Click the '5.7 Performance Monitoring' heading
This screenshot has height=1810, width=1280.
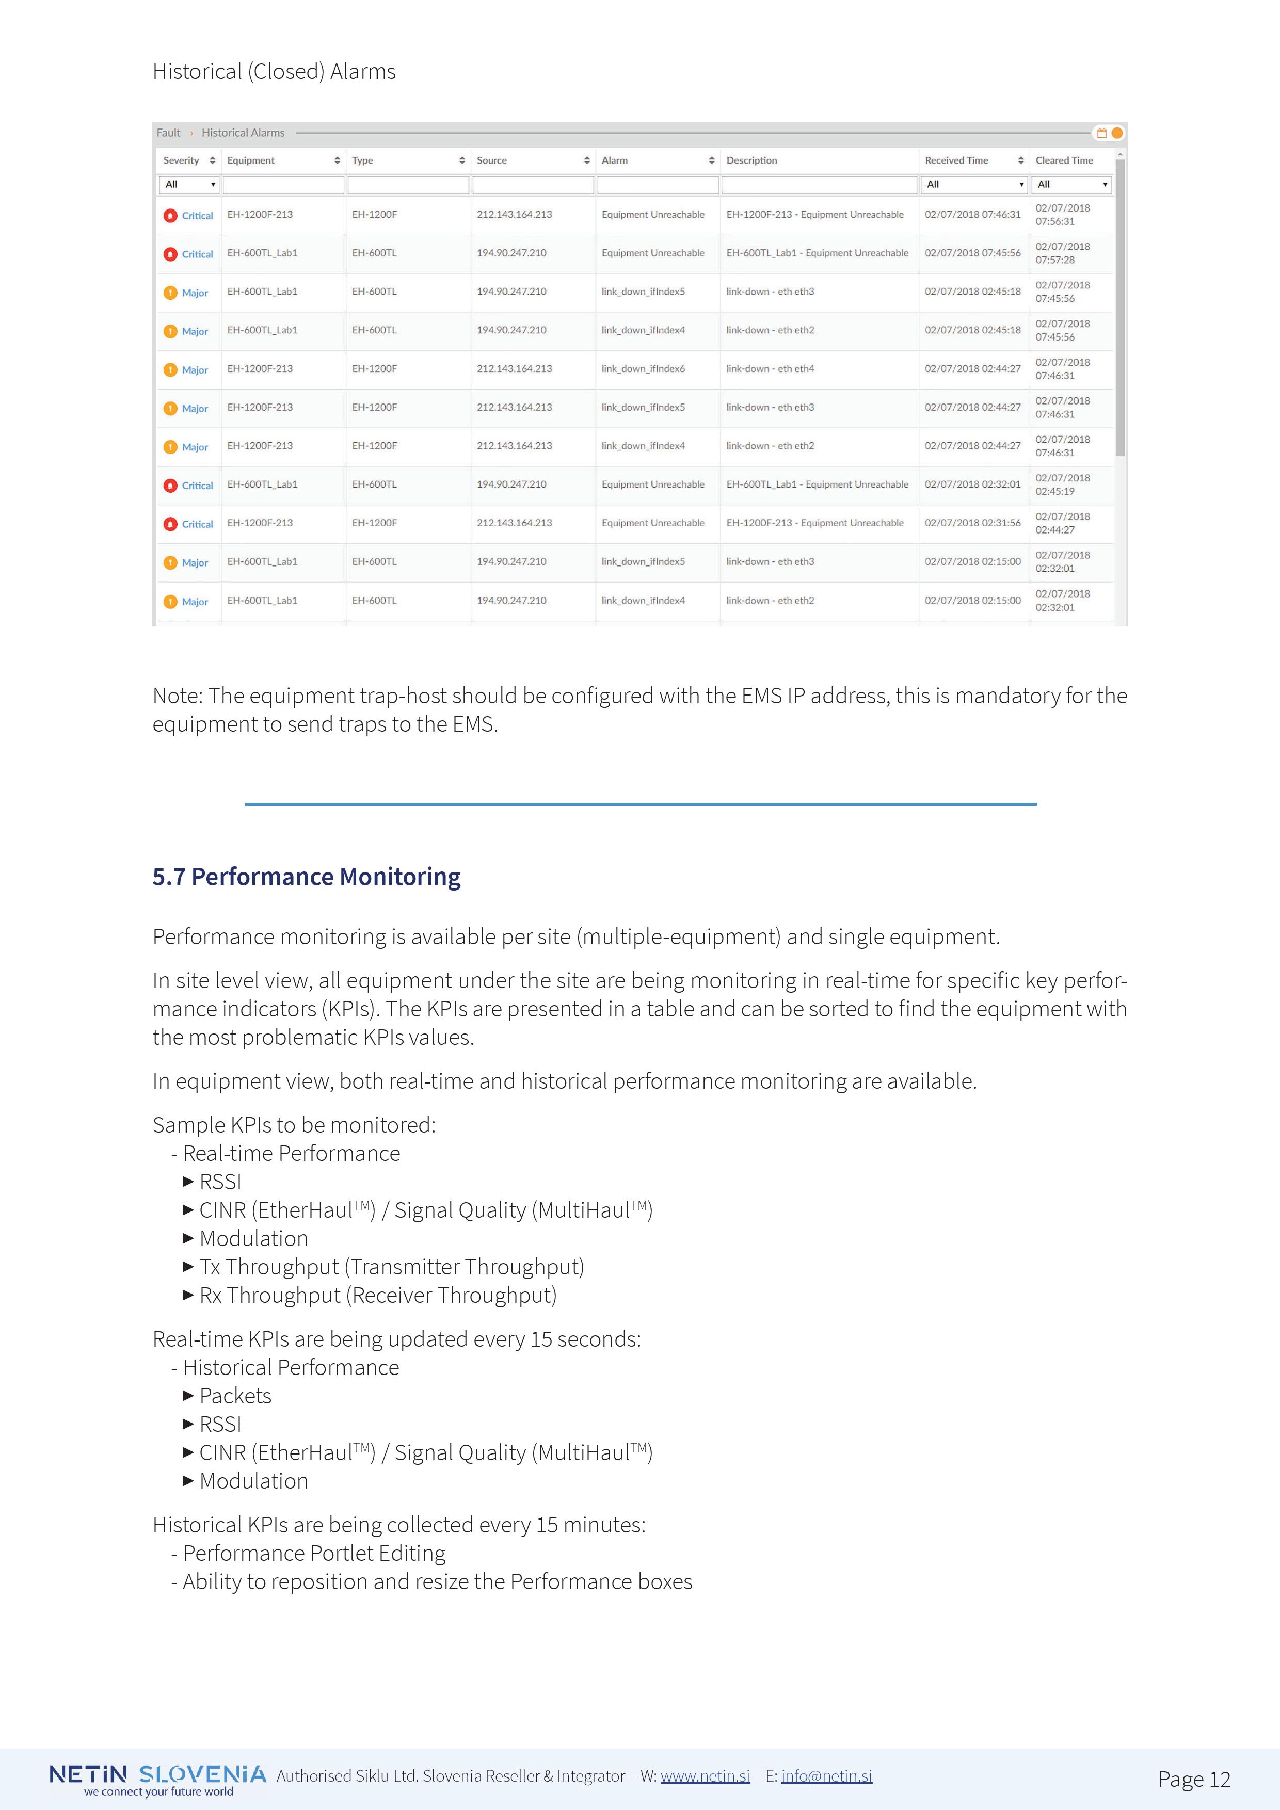click(306, 877)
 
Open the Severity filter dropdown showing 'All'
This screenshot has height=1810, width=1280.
click(189, 185)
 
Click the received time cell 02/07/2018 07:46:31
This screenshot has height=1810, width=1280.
click(972, 215)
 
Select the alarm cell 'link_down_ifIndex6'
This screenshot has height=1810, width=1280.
click(643, 369)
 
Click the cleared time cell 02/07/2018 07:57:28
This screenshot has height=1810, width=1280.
click(1062, 253)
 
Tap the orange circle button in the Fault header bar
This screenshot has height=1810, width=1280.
click(1117, 133)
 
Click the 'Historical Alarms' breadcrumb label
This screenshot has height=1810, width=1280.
click(243, 133)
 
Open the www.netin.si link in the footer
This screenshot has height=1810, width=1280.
click(705, 1775)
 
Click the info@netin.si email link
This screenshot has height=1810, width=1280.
click(826, 1775)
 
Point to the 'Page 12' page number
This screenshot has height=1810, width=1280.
click(1194, 1779)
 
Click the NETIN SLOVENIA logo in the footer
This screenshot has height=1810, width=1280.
click(158, 1779)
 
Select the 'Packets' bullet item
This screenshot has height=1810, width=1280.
click(235, 1396)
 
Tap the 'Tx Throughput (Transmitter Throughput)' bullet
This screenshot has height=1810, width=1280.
click(391, 1267)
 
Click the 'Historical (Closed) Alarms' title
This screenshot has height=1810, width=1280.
click(274, 72)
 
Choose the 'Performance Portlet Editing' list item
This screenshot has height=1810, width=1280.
click(314, 1553)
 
